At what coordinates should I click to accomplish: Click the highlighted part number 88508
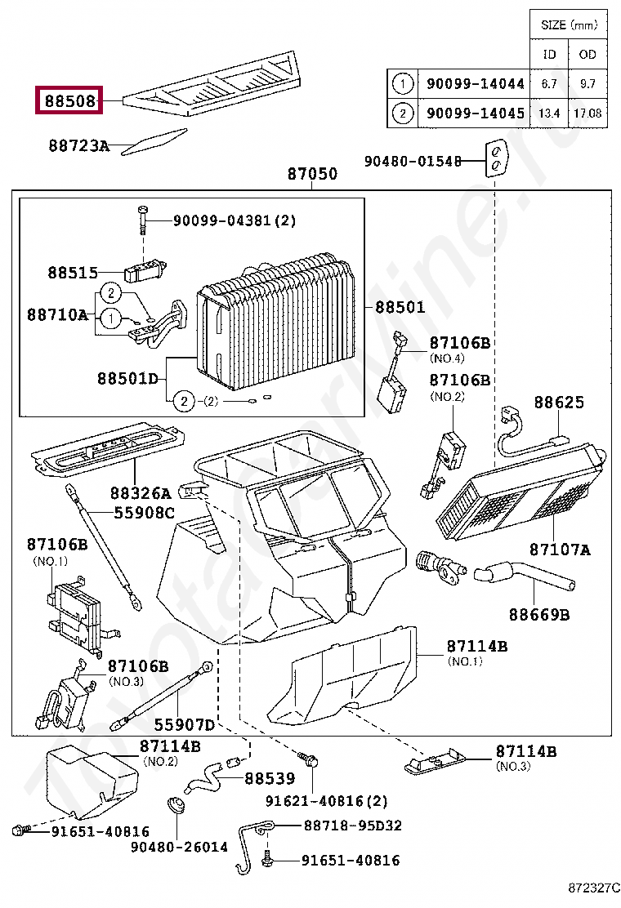click(69, 101)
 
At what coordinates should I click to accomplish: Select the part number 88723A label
click(78, 145)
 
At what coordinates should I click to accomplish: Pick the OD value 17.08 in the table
click(587, 113)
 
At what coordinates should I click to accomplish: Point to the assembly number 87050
click(311, 175)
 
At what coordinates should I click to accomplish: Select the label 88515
click(72, 274)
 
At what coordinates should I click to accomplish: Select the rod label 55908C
click(144, 512)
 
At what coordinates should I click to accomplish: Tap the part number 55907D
click(185, 724)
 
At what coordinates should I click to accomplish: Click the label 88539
click(270, 779)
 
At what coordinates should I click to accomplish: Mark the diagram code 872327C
click(595, 887)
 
